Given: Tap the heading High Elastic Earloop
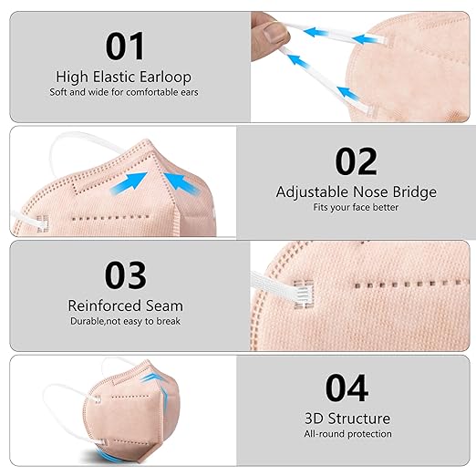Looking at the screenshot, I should [x=125, y=77].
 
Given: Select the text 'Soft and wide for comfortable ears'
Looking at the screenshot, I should [x=125, y=92].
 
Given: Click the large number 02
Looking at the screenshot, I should [x=357, y=160].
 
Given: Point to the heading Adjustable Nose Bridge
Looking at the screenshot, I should [x=357, y=192].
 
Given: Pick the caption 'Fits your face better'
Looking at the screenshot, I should [x=357, y=208].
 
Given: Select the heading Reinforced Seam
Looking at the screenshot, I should [x=125, y=306].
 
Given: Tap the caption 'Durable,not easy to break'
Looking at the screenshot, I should [x=125, y=322].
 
